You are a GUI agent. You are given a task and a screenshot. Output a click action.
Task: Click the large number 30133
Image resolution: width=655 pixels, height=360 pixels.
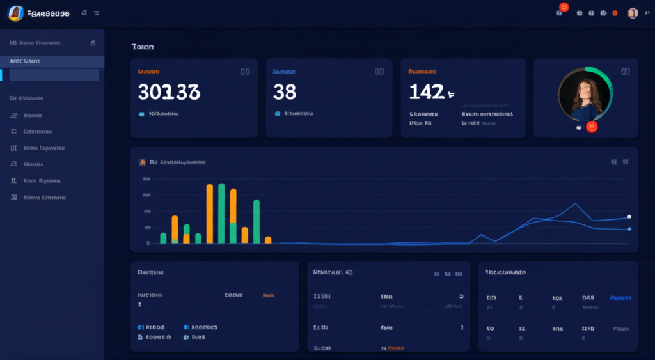[169, 92]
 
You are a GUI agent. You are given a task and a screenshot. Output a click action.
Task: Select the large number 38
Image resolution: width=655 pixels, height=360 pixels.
[285, 92]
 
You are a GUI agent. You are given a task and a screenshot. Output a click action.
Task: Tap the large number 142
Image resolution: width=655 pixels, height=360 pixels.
[427, 92]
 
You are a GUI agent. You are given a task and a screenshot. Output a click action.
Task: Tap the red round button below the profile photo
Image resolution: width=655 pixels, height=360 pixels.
[592, 127]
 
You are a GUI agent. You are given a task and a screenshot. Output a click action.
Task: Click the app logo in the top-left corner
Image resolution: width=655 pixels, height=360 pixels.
[15, 13]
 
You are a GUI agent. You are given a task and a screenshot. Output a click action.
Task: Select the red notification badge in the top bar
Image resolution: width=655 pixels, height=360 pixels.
[564, 7]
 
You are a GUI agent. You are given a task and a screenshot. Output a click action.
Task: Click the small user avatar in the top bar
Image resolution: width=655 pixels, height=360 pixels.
[633, 13]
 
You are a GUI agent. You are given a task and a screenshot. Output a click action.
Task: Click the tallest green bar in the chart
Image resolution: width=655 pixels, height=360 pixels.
[221, 213]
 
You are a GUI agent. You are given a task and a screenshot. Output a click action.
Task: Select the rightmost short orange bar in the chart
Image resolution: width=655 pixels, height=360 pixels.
[268, 240]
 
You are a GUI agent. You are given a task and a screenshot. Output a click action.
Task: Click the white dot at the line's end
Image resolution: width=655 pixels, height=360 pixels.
[629, 217]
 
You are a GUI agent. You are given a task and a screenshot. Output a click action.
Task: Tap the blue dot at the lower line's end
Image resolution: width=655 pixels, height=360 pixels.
[629, 229]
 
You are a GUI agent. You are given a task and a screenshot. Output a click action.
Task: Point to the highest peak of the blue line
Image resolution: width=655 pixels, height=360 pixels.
[576, 204]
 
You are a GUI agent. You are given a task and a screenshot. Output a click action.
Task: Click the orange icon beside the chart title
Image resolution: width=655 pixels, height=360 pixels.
[142, 162]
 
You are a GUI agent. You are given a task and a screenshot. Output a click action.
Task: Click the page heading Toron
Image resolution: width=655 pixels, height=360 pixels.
[142, 47]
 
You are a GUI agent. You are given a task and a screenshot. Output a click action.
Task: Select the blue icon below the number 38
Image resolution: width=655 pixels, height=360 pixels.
[277, 113]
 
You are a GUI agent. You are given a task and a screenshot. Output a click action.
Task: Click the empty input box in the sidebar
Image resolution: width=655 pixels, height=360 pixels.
[54, 75]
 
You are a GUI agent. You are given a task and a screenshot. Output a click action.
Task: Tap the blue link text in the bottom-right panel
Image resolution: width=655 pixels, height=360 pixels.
[620, 298]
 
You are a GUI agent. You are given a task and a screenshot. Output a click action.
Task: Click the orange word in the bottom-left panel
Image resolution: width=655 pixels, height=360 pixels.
[269, 295]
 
